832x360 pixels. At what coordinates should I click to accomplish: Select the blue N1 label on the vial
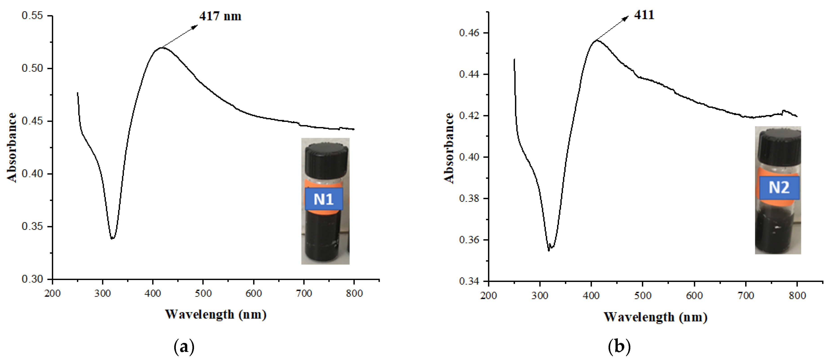point(324,199)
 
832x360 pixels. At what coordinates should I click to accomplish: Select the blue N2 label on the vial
point(779,188)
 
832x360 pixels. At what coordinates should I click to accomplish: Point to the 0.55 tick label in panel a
point(32,16)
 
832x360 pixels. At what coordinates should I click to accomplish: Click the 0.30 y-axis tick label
point(32,279)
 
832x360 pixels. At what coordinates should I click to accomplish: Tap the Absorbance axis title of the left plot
point(12,148)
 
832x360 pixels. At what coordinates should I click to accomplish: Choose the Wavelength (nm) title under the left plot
point(216,314)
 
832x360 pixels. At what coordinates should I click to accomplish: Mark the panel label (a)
point(184,347)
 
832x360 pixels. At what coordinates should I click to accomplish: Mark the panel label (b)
point(619,347)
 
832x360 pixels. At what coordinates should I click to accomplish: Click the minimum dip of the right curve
point(549,250)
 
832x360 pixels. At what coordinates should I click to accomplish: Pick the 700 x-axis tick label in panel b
point(746,296)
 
